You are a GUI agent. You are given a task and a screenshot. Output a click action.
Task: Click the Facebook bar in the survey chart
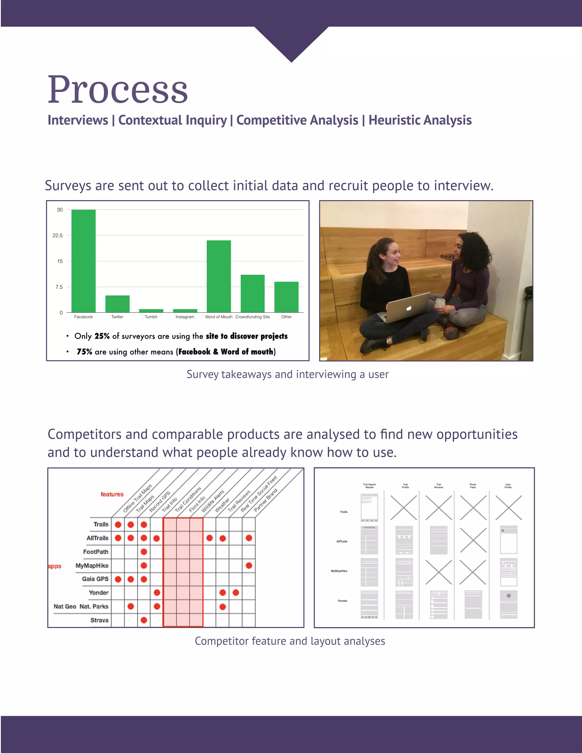point(84,261)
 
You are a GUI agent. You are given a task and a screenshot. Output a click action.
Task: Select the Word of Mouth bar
point(219,276)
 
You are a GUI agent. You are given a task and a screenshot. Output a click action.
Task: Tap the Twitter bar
point(117,304)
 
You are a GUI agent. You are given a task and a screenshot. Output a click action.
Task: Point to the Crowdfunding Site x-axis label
point(252,317)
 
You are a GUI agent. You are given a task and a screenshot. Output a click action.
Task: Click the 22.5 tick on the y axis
point(58,235)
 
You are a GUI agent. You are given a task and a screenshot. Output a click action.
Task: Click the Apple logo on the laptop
point(409,308)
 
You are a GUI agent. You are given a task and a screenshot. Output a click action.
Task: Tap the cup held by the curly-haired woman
point(440,303)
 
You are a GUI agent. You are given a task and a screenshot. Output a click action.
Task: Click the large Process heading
point(118,90)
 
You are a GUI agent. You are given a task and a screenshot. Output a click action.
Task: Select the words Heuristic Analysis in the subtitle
point(420,120)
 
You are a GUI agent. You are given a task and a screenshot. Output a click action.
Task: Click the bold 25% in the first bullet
point(102,336)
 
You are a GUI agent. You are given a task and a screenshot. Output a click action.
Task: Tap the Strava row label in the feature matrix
point(99,621)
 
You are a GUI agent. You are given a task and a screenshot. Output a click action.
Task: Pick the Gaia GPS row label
point(95,579)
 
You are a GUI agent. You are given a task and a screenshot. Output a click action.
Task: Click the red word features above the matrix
point(112,494)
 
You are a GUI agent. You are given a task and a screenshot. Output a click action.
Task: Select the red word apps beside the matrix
point(55,566)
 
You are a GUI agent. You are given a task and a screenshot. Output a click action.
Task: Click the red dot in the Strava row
point(144,621)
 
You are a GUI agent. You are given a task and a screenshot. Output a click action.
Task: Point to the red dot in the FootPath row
point(144,552)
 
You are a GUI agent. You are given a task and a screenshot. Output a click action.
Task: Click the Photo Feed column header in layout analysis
point(472,486)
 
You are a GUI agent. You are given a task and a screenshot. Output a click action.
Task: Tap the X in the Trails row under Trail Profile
point(404,508)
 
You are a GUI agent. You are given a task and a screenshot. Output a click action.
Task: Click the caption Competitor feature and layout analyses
point(290,641)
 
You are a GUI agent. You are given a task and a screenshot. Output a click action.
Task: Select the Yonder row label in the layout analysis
point(342,601)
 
